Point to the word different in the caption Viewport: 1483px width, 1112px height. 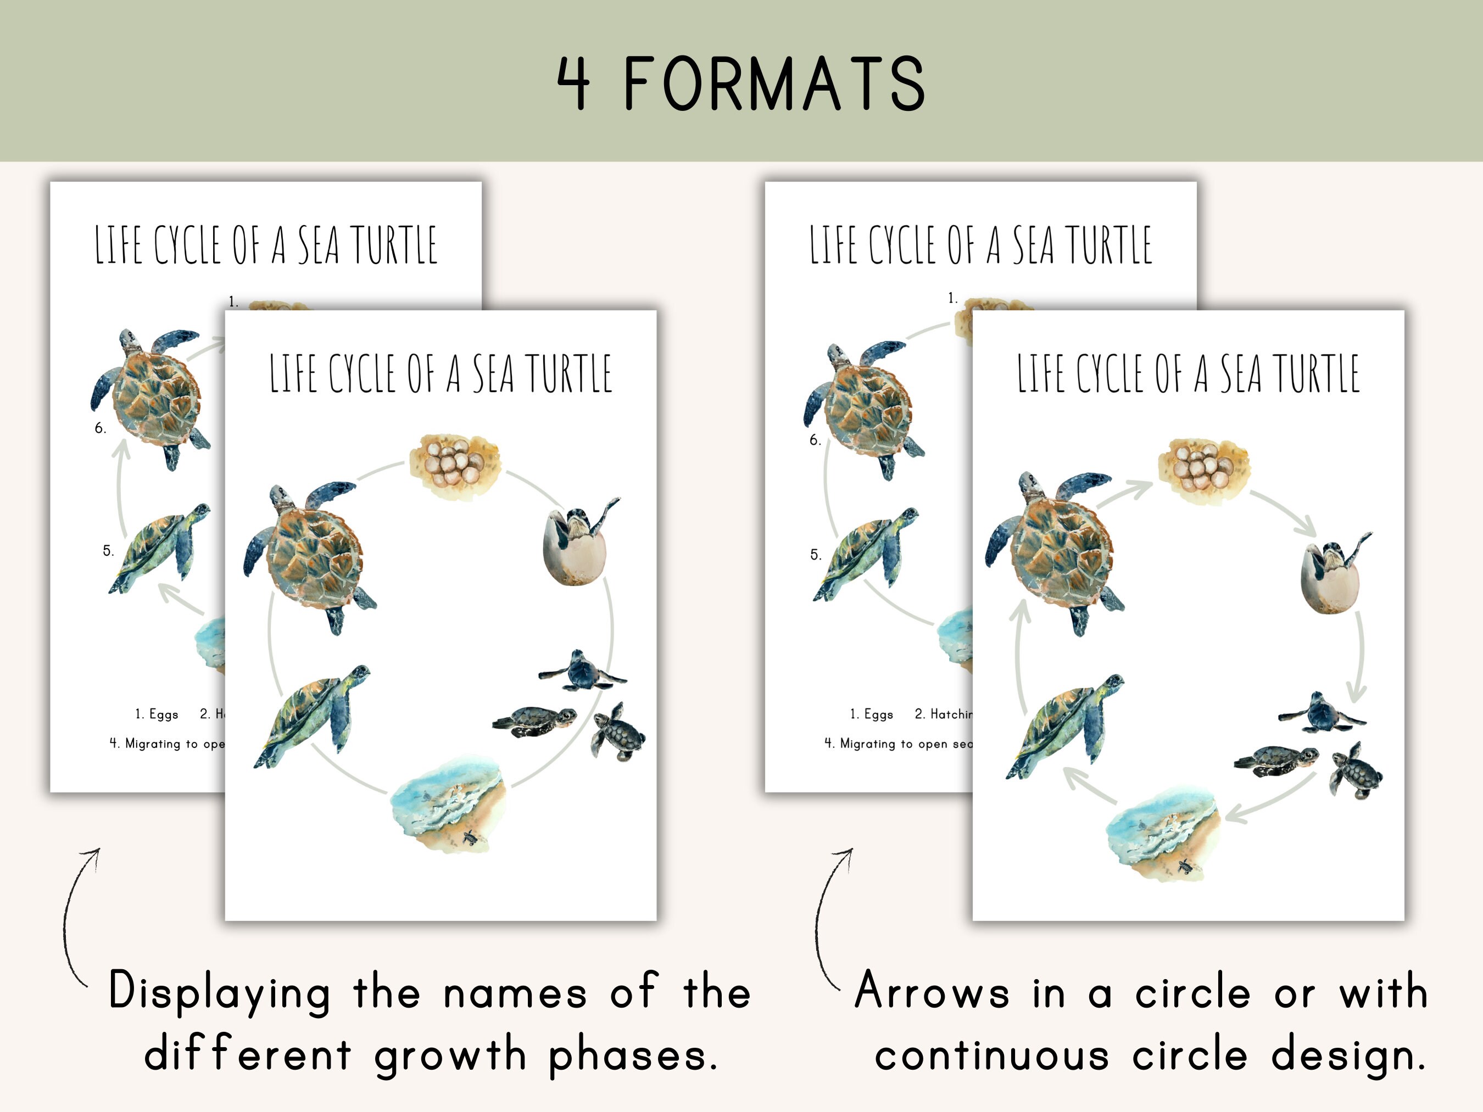pyautogui.click(x=247, y=1054)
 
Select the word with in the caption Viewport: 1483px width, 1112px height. pyautogui.click(x=1383, y=991)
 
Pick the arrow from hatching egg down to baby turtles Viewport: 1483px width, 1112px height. pyautogui.click(x=1359, y=657)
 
